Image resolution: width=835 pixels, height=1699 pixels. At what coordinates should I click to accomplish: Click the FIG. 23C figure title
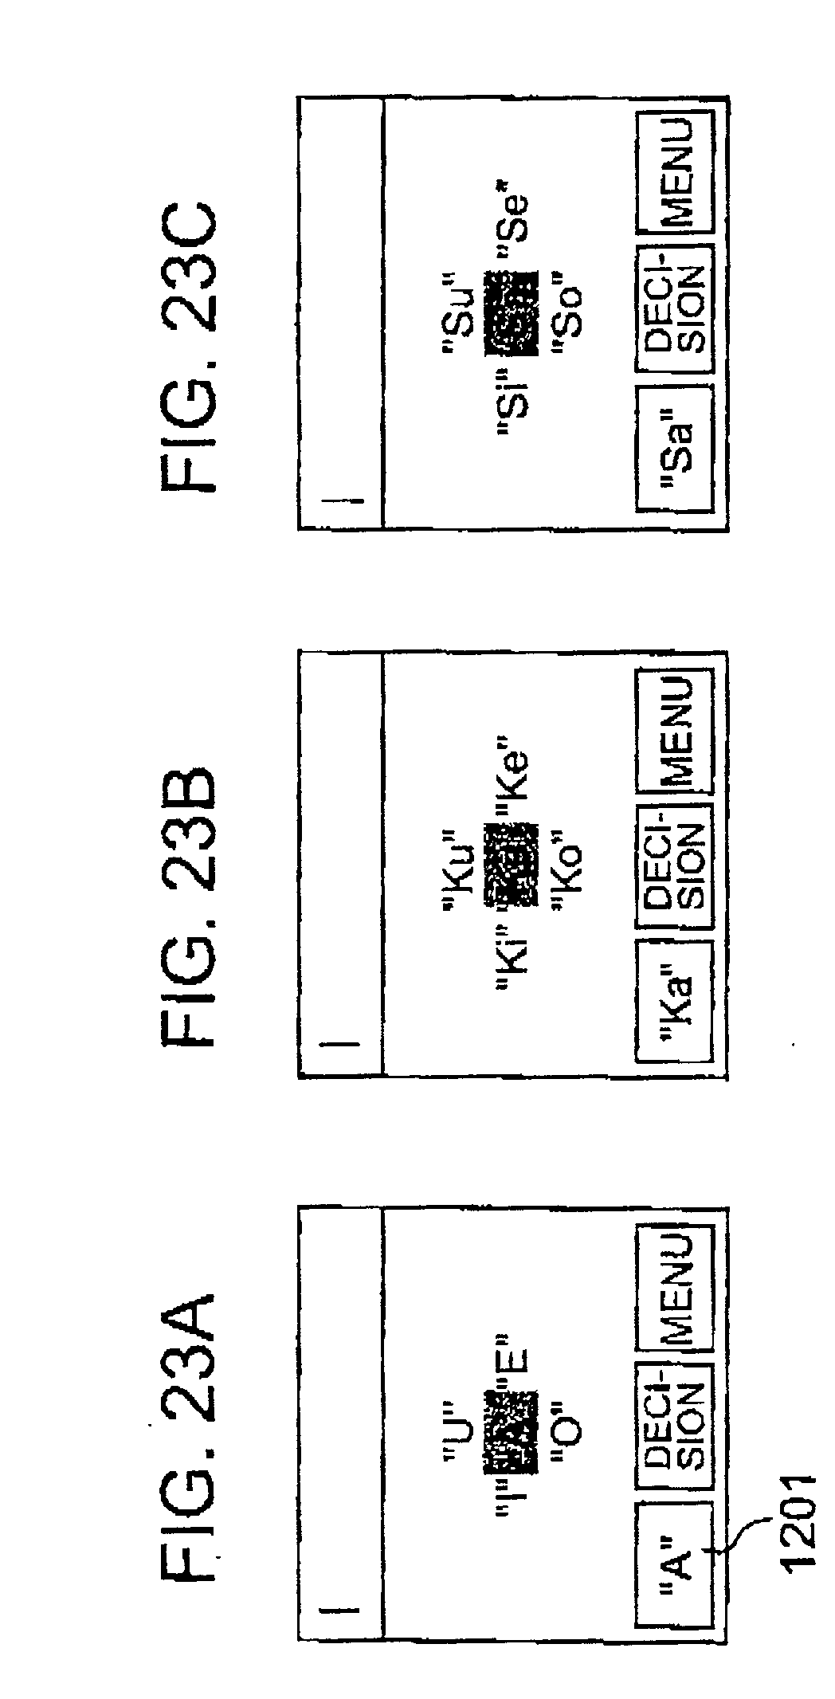pyautogui.click(x=190, y=350)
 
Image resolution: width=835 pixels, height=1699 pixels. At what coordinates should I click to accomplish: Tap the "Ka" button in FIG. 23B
pyautogui.click(x=674, y=1000)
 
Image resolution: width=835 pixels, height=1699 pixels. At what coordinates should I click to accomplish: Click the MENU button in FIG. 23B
pyautogui.click(x=674, y=730)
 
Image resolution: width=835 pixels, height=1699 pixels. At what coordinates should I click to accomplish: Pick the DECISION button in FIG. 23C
pyautogui.click(x=674, y=310)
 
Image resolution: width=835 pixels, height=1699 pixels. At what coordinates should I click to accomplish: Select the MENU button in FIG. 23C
pyautogui.click(x=674, y=171)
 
